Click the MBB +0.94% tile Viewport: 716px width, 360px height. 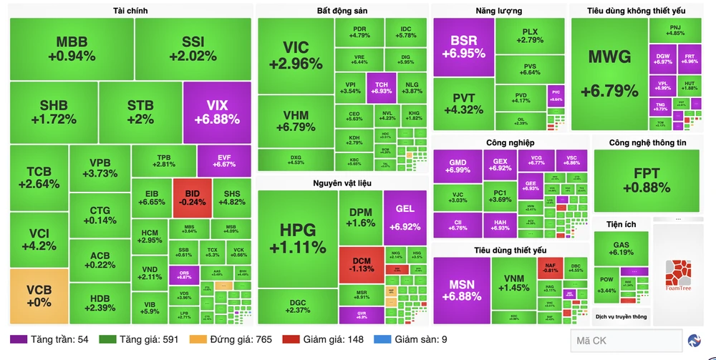(x=72, y=49)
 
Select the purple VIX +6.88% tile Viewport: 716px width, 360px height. (x=217, y=112)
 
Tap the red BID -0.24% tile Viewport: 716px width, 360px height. (x=192, y=198)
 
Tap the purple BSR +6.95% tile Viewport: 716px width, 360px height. (x=463, y=47)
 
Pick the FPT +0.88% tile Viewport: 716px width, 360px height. (x=646, y=181)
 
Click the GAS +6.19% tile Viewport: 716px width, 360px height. (x=621, y=248)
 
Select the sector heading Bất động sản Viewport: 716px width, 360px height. (x=342, y=11)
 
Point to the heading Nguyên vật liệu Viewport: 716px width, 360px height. (x=342, y=183)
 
